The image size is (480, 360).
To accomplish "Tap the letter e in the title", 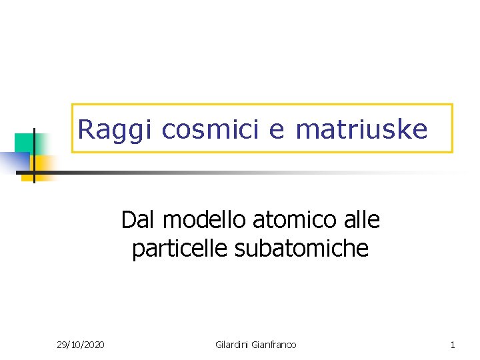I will (x=276, y=130).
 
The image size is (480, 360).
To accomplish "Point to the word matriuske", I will (x=361, y=129).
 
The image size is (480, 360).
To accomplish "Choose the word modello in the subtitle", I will (x=201, y=219).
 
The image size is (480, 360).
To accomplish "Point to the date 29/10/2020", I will (x=80, y=345).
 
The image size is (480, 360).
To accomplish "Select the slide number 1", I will (x=453, y=345).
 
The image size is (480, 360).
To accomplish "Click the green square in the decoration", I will (x=24, y=142).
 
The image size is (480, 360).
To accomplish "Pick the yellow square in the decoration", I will (x=43, y=163).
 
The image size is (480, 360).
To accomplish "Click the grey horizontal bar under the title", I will (x=200, y=172).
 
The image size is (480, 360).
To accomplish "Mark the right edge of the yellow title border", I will (x=452, y=129).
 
